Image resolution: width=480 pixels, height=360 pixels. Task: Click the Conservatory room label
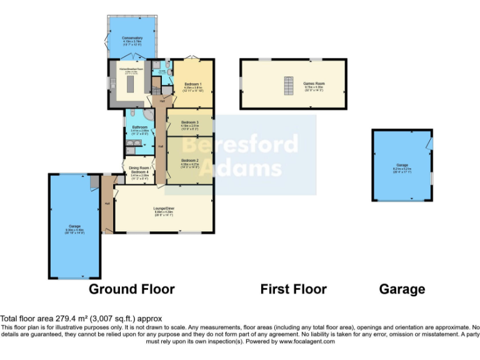tap(132, 38)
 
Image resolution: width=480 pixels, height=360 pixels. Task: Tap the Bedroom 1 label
tap(192, 83)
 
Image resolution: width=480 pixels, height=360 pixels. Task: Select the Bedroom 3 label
tap(189, 122)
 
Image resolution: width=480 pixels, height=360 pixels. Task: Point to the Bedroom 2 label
tap(189, 161)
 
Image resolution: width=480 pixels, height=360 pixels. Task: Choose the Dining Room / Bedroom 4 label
tap(139, 169)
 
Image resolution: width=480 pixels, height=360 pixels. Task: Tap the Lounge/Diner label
tap(164, 208)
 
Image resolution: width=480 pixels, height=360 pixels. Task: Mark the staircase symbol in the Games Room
tap(289, 86)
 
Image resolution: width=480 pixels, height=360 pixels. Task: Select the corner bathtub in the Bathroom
tap(149, 114)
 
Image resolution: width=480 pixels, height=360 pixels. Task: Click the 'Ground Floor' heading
tap(131, 289)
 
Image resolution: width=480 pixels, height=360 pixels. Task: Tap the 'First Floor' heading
tap(293, 289)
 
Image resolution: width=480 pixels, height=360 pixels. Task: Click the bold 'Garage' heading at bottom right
tap(402, 289)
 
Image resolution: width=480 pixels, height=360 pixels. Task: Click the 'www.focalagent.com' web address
tap(306, 342)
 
